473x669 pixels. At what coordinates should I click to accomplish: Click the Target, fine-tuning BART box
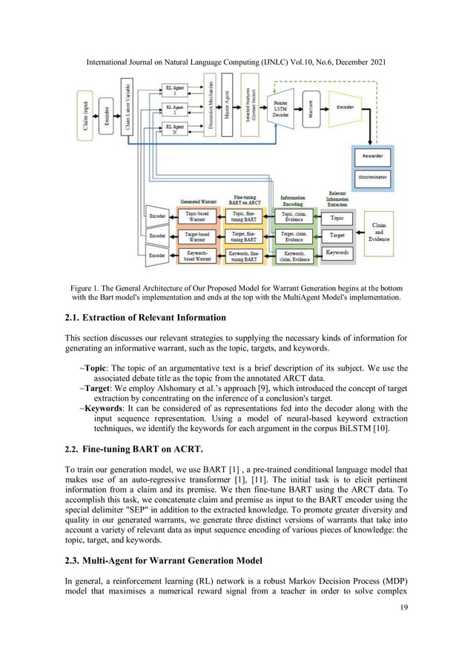[243, 236]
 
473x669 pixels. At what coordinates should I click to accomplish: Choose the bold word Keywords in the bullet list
[106, 407]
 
